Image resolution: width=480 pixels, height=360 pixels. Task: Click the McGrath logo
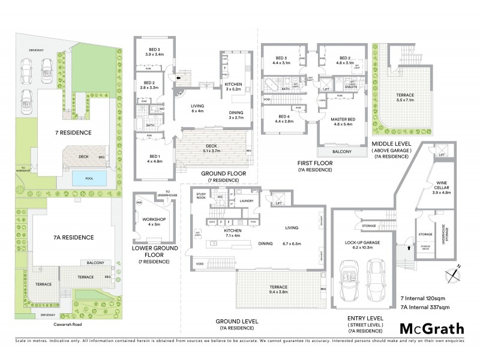coord(431,328)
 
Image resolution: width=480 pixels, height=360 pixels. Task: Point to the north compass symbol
coord(454,274)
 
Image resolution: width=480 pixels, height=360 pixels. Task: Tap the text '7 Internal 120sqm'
coord(424,298)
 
